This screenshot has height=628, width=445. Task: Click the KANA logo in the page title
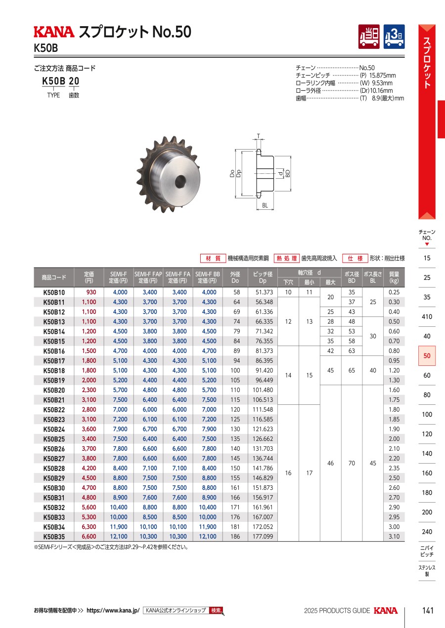(54, 32)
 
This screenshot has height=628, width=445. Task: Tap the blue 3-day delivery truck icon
(394, 37)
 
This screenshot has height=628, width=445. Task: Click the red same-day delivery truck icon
(369, 37)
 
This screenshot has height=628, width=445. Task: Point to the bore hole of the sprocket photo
(180, 182)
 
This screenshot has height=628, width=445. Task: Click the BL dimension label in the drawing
(265, 205)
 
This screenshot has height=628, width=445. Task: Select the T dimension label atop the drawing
(259, 136)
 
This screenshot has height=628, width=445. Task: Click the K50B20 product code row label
(54, 390)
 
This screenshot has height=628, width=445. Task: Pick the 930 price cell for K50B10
(91, 292)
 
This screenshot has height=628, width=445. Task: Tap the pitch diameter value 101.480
(263, 390)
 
